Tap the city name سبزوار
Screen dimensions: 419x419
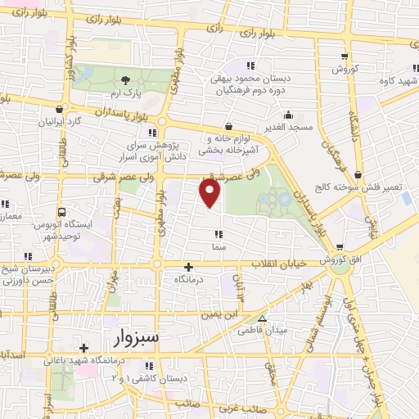point(126,337)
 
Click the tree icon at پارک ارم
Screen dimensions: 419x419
point(125,80)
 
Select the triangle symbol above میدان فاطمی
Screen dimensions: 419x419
point(262,319)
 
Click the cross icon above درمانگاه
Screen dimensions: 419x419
point(189,267)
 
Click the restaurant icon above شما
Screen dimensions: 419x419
point(219,234)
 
